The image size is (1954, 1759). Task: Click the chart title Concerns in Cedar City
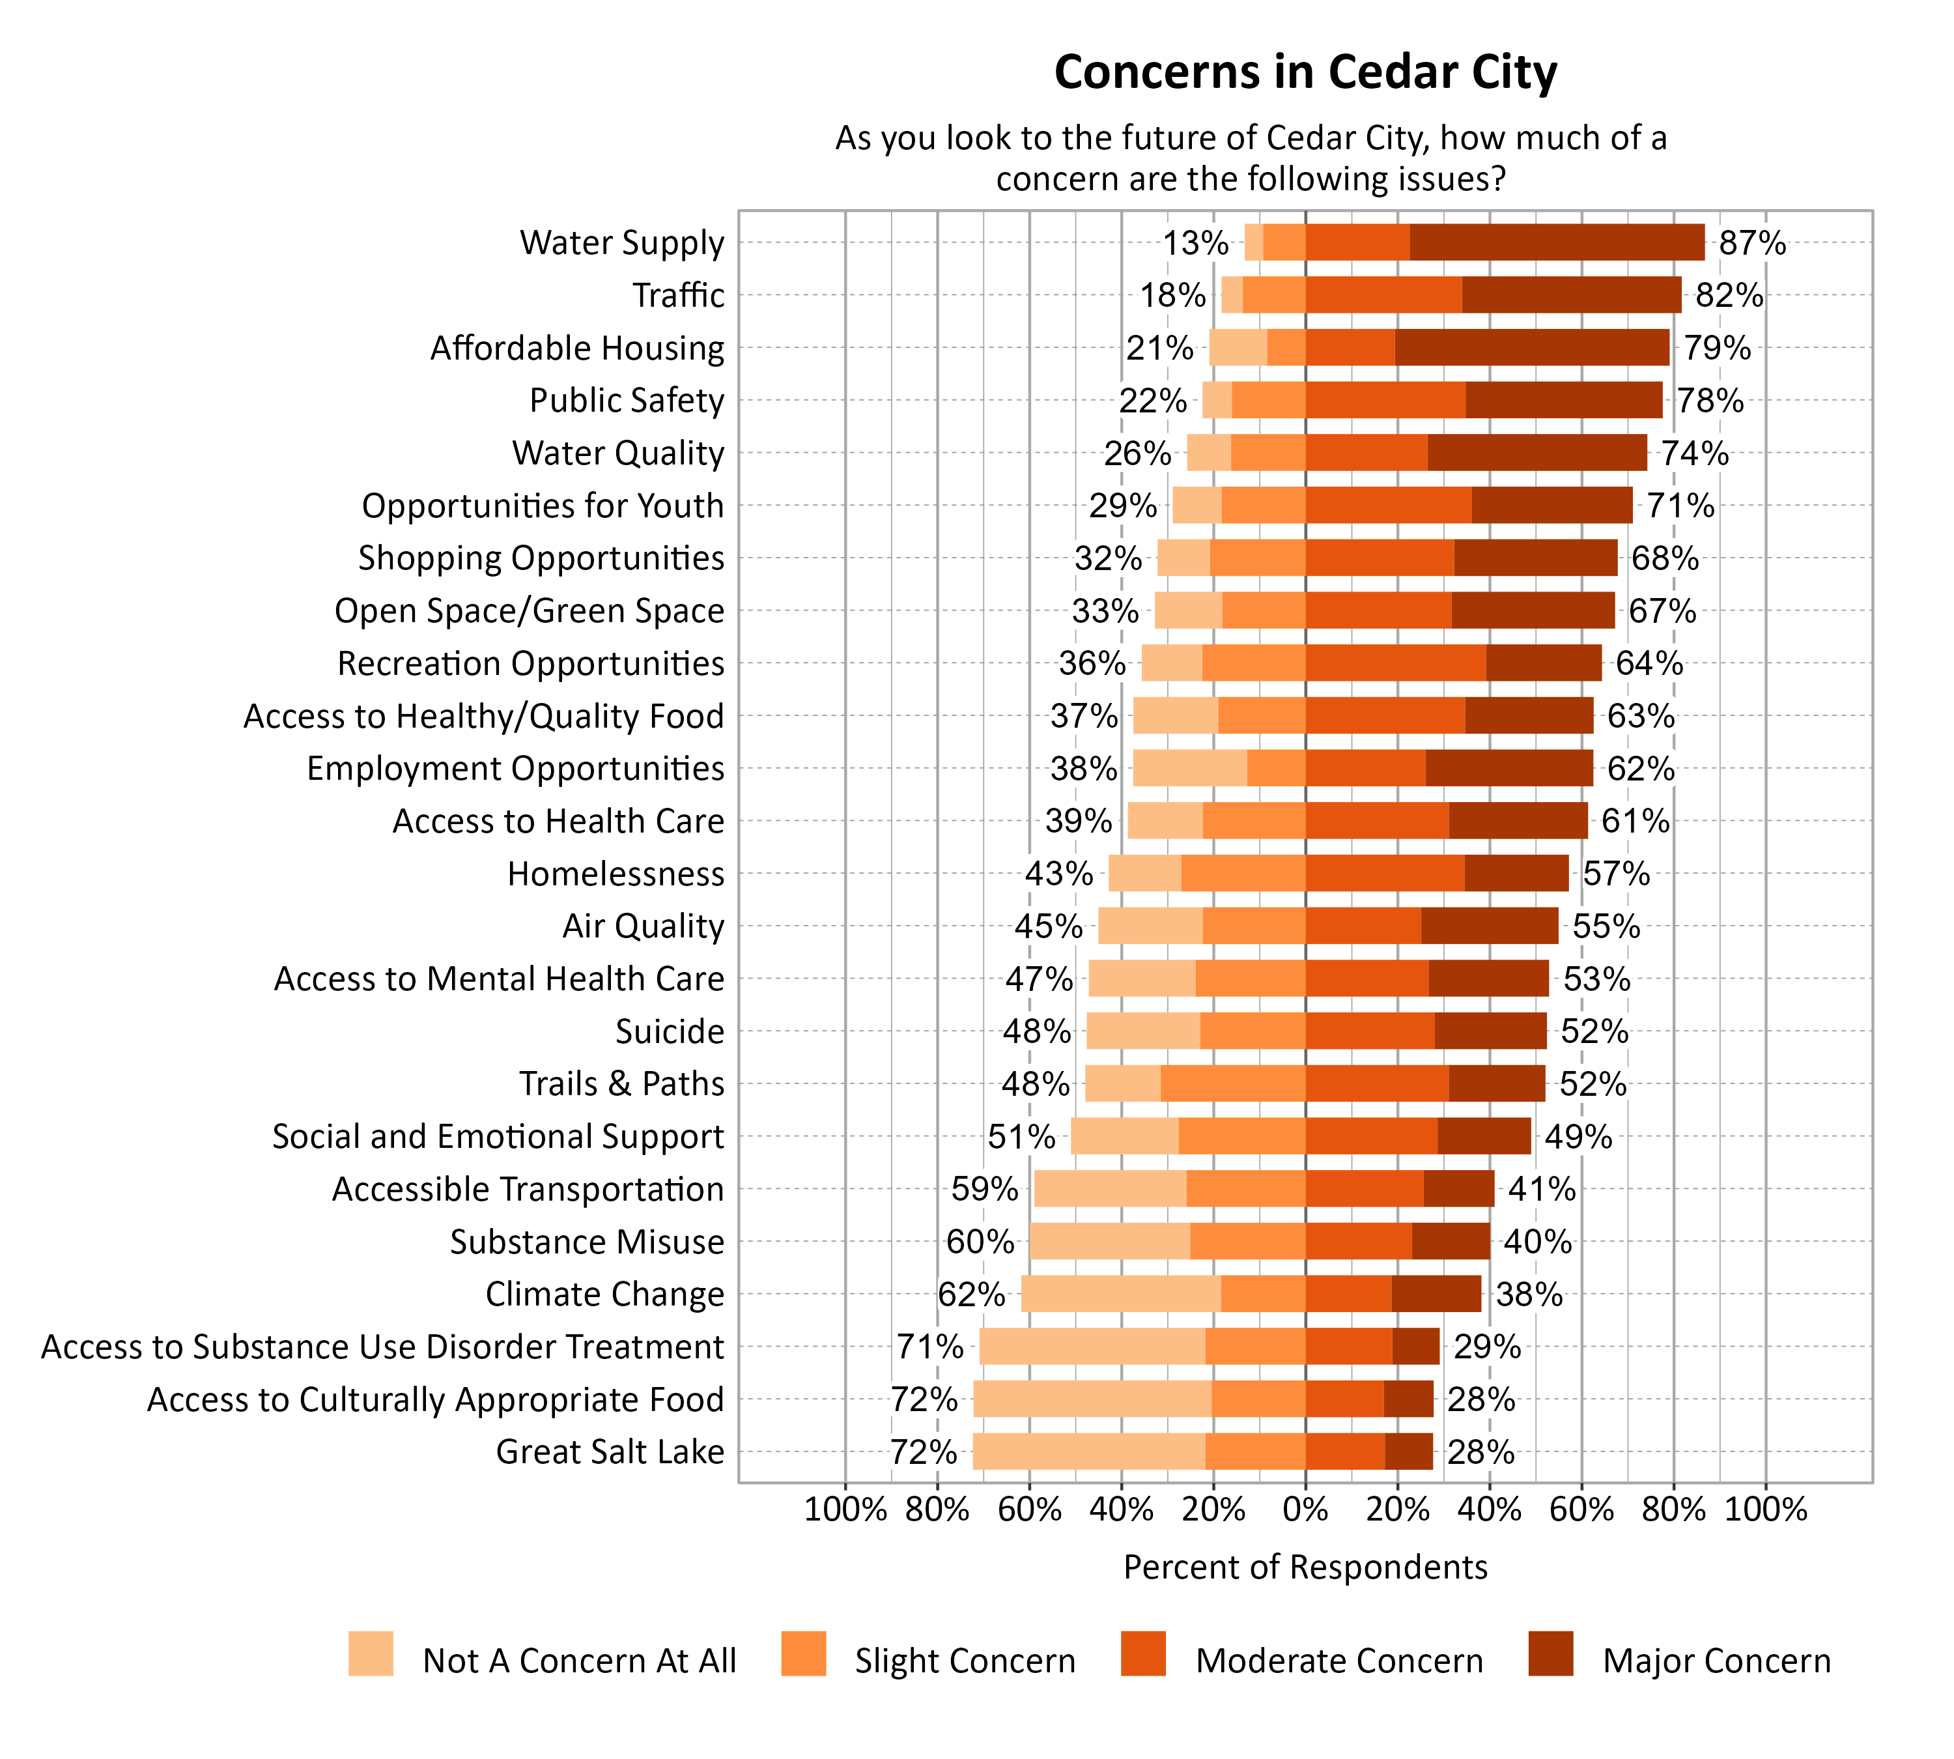pyautogui.click(x=1305, y=72)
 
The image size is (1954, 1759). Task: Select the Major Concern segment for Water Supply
pyautogui.click(x=1557, y=242)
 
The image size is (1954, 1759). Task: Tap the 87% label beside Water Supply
pyautogui.click(x=1751, y=242)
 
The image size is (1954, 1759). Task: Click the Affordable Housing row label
pyautogui.click(x=577, y=348)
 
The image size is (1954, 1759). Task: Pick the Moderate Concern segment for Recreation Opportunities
pyautogui.click(x=1395, y=663)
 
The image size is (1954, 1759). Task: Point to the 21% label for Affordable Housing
pyautogui.click(x=1159, y=348)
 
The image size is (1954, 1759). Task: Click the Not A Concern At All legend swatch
pyautogui.click(x=371, y=1653)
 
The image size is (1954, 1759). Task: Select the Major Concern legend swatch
pyautogui.click(x=1550, y=1653)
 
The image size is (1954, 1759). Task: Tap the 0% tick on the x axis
pyautogui.click(x=1305, y=1509)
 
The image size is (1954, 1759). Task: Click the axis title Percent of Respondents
pyautogui.click(x=1305, y=1567)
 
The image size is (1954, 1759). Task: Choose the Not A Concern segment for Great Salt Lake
pyautogui.click(x=1088, y=1452)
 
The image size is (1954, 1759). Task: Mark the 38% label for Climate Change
pyautogui.click(x=1528, y=1294)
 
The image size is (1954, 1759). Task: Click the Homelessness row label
pyautogui.click(x=616, y=874)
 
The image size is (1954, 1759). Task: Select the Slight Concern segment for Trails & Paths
pyautogui.click(x=1232, y=1083)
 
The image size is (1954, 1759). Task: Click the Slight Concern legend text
pyautogui.click(x=965, y=1661)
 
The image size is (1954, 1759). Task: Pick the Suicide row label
pyautogui.click(x=670, y=1031)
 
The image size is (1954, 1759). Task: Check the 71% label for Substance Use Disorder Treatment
pyautogui.click(x=929, y=1347)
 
